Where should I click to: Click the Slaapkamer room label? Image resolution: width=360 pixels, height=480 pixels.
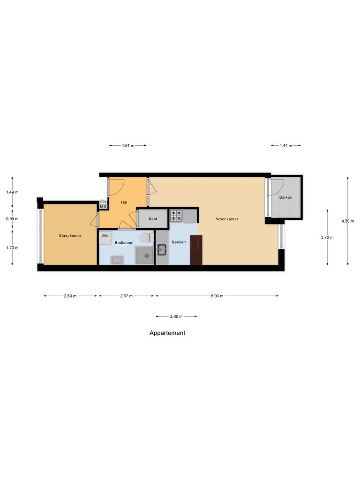pyautogui.click(x=70, y=235)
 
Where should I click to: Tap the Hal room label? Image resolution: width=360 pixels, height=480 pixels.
pyautogui.click(x=124, y=202)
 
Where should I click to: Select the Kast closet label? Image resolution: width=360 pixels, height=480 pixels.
pyautogui.click(x=153, y=219)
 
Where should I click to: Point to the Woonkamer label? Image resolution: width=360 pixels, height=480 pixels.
pyautogui.click(x=227, y=219)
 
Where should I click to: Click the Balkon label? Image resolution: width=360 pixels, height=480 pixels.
pyautogui.click(x=286, y=197)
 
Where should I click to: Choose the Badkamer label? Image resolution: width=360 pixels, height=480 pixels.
pyautogui.click(x=124, y=242)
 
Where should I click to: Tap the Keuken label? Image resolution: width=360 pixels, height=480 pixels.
pyautogui.click(x=179, y=242)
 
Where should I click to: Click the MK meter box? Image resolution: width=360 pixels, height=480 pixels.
pyautogui.click(x=103, y=206)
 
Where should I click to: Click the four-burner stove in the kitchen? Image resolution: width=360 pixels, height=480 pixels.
pyautogui.click(x=176, y=216)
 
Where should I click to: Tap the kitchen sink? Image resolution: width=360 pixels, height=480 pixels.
pyautogui.click(x=162, y=250)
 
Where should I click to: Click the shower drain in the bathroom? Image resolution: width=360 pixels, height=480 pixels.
pyautogui.click(x=146, y=255)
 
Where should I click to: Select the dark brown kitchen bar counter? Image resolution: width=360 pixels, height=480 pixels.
pyautogui.click(x=196, y=250)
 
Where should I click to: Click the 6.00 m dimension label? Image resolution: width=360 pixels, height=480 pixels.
pyautogui.click(x=217, y=296)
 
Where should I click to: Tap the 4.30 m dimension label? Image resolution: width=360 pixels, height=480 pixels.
pyautogui.click(x=347, y=221)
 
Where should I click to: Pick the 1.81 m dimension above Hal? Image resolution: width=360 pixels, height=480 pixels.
pyautogui.click(x=128, y=146)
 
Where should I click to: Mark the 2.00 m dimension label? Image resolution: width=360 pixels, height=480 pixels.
pyautogui.click(x=176, y=316)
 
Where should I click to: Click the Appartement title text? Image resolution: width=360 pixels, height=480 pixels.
pyautogui.click(x=167, y=333)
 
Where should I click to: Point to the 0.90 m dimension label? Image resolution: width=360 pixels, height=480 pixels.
pyautogui.click(x=12, y=219)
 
